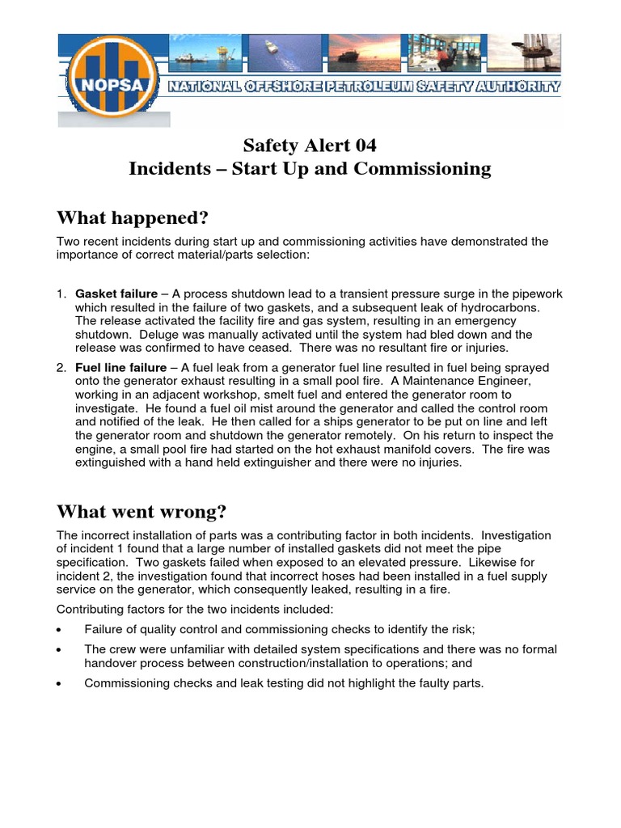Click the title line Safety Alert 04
tap(310, 146)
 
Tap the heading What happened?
tap(133, 218)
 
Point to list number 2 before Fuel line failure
tap(61, 368)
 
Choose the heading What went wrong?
tap(142, 512)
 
